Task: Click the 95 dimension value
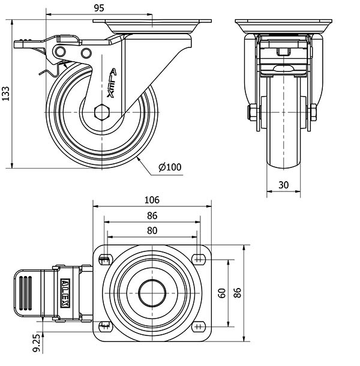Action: [x=100, y=8]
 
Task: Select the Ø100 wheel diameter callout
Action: [x=170, y=167]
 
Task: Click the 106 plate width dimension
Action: [x=152, y=200]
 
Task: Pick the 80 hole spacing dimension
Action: [x=152, y=230]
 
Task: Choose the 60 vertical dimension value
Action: [x=222, y=293]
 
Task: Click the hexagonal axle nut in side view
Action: [x=103, y=112]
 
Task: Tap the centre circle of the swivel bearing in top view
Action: [x=152, y=293]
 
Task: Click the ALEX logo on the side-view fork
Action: [x=112, y=82]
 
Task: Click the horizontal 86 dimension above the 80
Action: [x=152, y=215]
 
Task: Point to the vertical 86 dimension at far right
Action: [x=237, y=293]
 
